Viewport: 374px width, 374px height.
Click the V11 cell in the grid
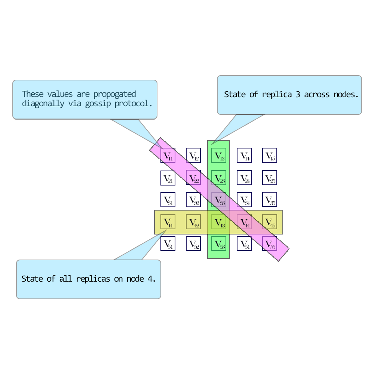click(168, 155)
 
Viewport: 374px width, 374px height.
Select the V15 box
click(270, 155)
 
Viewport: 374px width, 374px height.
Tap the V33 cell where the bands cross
click(219, 200)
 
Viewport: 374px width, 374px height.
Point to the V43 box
click(219, 222)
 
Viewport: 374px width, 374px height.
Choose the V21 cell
click(168, 178)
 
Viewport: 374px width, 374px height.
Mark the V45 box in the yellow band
click(270, 222)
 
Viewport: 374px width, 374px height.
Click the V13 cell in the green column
click(219, 155)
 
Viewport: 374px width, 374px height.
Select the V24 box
click(244, 178)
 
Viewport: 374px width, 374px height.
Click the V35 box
click(270, 200)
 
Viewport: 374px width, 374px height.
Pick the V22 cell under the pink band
click(193, 178)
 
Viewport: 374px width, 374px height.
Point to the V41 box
click(168, 222)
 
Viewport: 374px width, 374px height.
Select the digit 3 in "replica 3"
click(298, 95)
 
